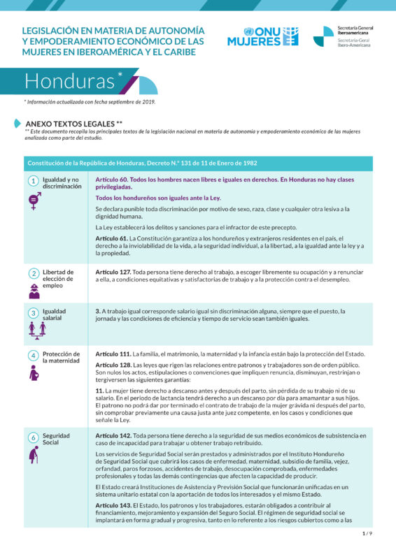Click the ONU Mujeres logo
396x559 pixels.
tap(262, 36)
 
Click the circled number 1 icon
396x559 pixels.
tap(33, 181)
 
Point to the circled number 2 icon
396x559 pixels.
tap(33, 273)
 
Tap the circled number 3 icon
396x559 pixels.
tap(33, 312)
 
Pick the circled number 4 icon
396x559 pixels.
tap(33, 355)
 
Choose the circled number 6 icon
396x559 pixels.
tap(33, 437)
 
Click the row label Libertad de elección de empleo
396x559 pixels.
tap(58, 278)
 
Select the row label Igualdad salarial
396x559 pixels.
tap(55, 314)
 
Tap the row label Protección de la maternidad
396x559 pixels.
tap(61, 357)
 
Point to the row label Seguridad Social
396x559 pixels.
tap(56, 439)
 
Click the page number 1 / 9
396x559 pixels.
tap(367, 534)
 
